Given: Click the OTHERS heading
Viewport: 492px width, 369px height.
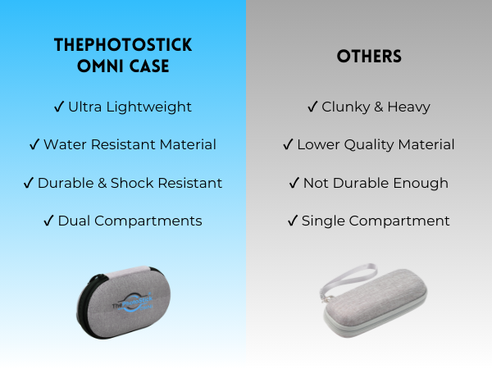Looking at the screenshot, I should pos(368,57).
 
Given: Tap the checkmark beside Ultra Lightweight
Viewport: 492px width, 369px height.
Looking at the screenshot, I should pos(59,107).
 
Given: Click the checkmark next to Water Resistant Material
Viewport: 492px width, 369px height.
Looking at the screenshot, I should pos(34,144).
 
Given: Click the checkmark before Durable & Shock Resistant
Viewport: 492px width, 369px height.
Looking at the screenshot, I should pos(29,183).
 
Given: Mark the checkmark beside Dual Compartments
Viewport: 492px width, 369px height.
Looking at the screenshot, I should pos(49,221).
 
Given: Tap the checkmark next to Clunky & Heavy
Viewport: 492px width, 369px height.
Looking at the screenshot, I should pos(312,107).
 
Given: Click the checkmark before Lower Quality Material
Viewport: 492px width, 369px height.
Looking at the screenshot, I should pos(288,144).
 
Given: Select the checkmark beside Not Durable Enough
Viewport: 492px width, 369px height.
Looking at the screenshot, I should pos(294,183).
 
